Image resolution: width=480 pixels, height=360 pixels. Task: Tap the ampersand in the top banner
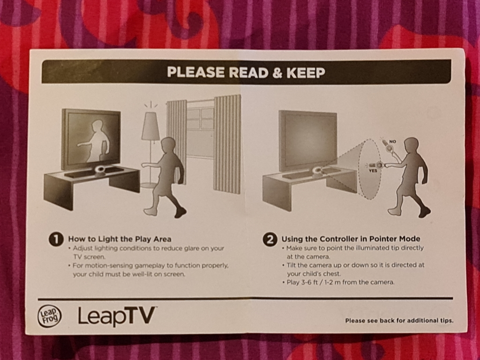tap(277, 73)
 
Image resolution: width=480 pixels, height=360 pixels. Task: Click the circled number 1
tap(56, 239)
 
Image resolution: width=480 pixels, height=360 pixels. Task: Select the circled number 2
tap(270, 240)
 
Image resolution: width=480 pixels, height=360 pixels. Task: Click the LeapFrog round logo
tap(49, 316)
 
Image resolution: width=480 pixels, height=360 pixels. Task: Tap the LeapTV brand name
tap(116, 316)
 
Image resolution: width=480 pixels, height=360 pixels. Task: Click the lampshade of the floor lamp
tap(150, 126)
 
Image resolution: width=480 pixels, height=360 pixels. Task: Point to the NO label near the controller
tap(392, 142)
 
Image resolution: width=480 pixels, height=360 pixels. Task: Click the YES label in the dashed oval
tap(373, 171)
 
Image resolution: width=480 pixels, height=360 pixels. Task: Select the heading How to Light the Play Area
tap(120, 239)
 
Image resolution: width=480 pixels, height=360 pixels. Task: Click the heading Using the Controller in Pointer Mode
tap(351, 239)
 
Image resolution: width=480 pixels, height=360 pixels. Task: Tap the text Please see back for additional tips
tap(399, 321)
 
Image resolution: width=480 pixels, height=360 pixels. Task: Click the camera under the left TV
tap(100, 170)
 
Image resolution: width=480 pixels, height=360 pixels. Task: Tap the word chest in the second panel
tap(331, 274)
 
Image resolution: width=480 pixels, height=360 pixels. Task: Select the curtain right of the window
tap(227, 144)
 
